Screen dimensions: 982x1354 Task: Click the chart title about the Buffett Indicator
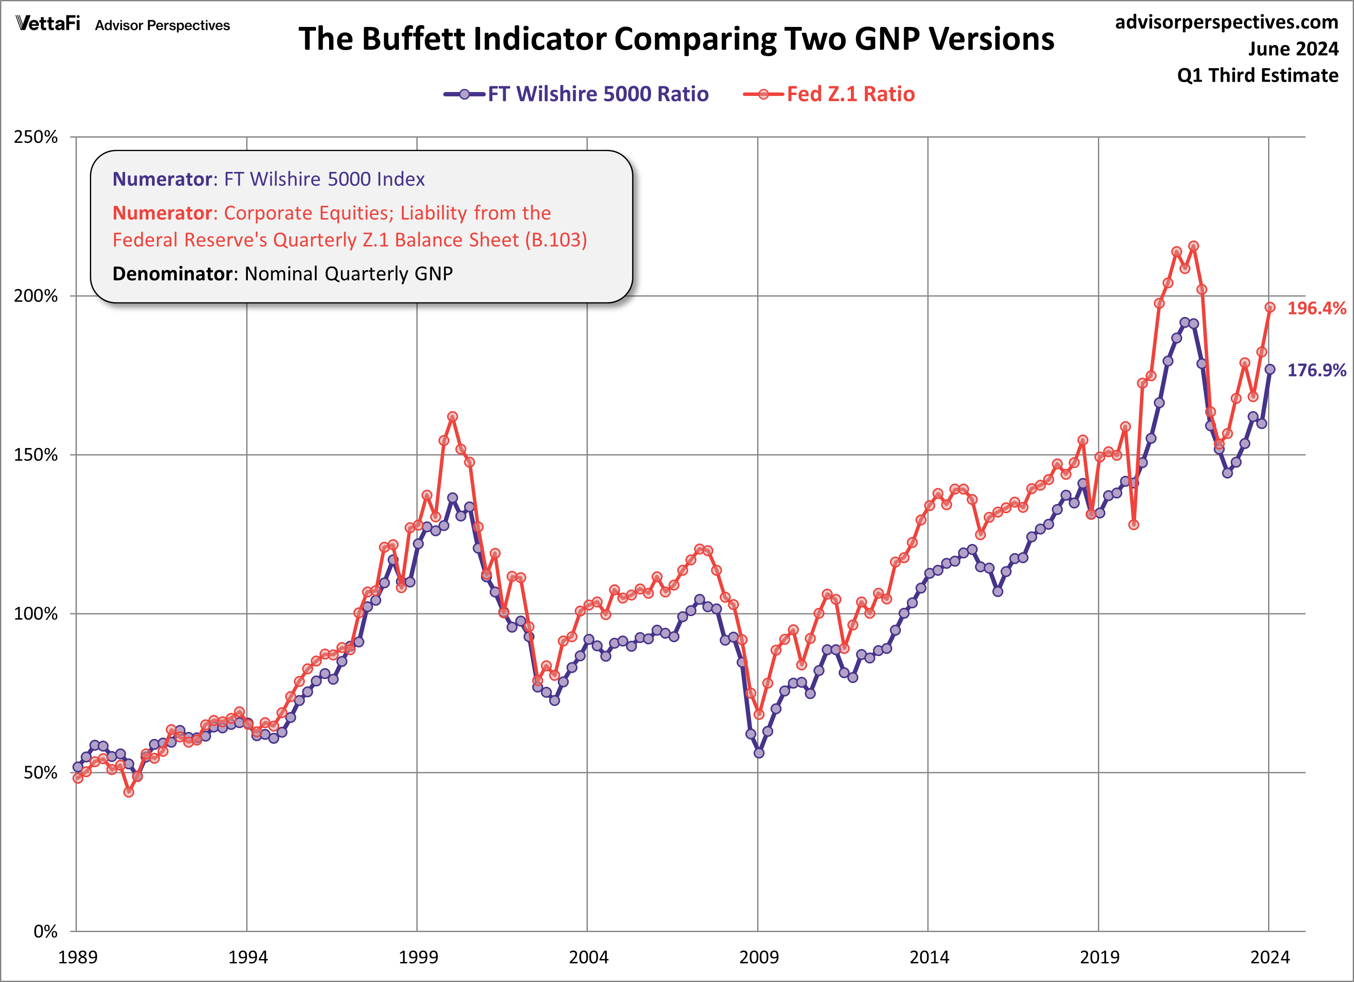click(x=676, y=40)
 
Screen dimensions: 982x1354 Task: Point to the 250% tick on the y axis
click(x=36, y=137)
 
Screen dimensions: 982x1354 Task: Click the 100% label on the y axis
click(x=36, y=614)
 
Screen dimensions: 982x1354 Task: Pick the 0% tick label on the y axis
click(x=45, y=931)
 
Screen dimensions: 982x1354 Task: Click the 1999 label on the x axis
click(x=418, y=957)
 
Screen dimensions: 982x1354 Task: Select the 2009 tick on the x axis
click(x=758, y=957)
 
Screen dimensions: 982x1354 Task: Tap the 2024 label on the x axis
click(x=1270, y=957)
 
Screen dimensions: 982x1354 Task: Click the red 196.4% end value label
click(x=1316, y=308)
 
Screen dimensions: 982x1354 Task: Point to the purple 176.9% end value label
click(x=1316, y=370)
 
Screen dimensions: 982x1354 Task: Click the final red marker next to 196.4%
click(x=1270, y=307)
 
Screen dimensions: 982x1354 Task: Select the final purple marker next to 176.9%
click(x=1270, y=369)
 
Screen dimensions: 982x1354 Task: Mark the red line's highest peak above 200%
click(x=1193, y=246)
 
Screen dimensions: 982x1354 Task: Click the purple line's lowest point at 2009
click(x=759, y=753)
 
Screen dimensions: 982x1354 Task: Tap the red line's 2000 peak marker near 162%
click(x=452, y=417)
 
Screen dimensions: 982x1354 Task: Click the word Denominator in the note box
click(x=172, y=274)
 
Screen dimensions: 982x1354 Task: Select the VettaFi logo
click(x=48, y=23)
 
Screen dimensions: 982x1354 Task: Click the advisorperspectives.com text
click(x=1226, y=22)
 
